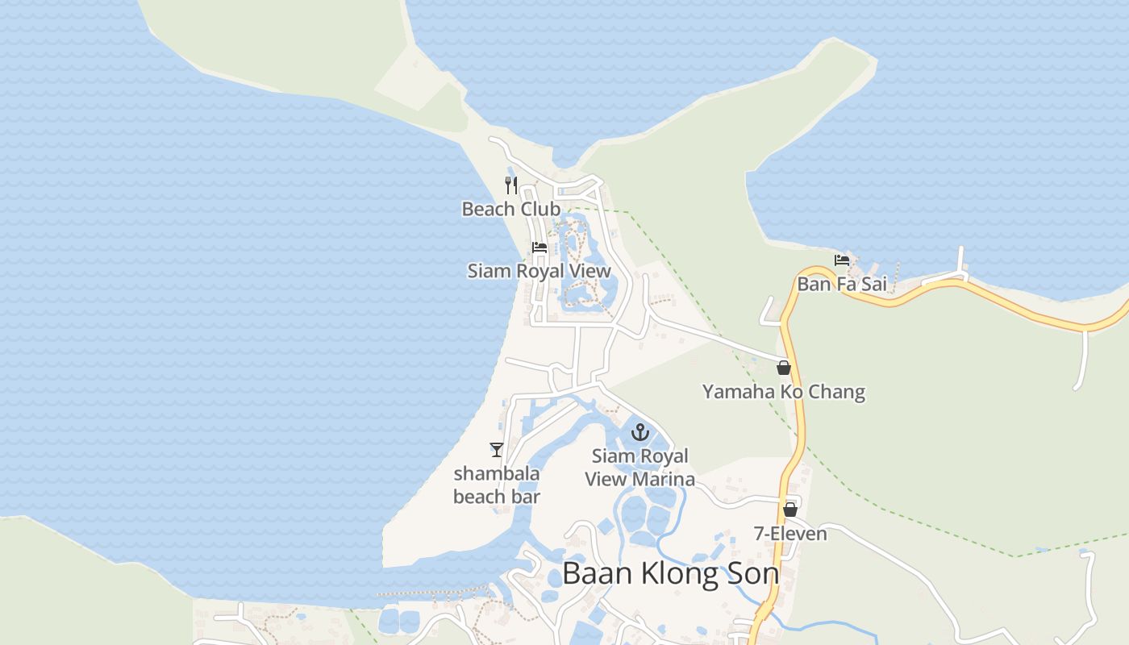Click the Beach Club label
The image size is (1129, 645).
[x=510, y=209]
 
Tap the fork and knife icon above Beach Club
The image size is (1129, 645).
[x=510, y=185]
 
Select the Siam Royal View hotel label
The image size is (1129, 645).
[x=539, y=271]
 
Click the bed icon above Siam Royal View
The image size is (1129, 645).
[x=540, y=247]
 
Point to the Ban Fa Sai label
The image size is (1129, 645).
[x=841, y=284]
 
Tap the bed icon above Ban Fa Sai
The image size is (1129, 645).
[x=842, y=260]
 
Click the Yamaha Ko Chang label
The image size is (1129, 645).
[x=783, y=393]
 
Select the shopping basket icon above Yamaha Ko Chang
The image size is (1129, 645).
[x=783, y=368]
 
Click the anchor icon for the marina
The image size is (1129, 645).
[x=639, y=432]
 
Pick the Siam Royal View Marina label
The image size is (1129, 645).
[x=639, y=468]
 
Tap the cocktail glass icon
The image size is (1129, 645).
[x=496, y=449]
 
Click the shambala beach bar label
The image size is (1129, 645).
[x=497, y=485]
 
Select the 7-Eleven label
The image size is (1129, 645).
[x=790, y=534]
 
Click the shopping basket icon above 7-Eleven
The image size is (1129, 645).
[x=790, y=510]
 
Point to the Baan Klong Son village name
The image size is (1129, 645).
[x=670, y=574]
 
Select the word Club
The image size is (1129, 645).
[x=540, y=209]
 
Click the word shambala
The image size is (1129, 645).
[x=497, y=473]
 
